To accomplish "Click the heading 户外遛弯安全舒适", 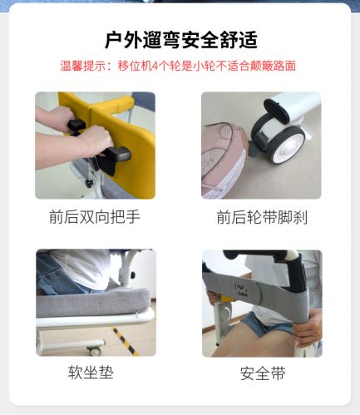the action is pos(181,40).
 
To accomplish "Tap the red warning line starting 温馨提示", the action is pos(178,66).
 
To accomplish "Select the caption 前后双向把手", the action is pos(95,217).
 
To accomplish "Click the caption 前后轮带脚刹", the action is pos(262,217).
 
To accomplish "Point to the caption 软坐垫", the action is pos(91,373).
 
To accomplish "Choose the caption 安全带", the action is pos(263,373).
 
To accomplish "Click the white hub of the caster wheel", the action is pos(285,150).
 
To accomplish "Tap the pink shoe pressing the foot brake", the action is pos(224,160).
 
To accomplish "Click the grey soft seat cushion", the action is pos(93,302).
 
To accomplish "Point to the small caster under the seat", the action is pos(95,351).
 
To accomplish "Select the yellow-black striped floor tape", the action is pos(125,341).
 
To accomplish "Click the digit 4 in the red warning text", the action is pos(155,67).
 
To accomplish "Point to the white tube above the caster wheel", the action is pos(298,106).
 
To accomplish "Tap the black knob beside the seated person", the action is pos(133,275).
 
